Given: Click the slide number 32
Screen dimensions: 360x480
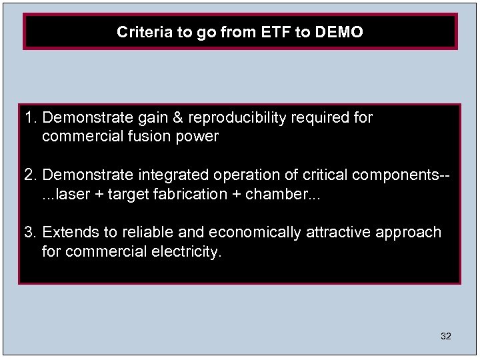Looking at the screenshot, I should click(446, 337).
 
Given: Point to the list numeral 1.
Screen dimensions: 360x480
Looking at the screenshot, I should click(29, 118).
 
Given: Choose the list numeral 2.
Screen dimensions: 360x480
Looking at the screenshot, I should click(29, 175).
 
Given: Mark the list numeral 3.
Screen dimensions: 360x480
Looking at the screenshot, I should click(29, 233).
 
